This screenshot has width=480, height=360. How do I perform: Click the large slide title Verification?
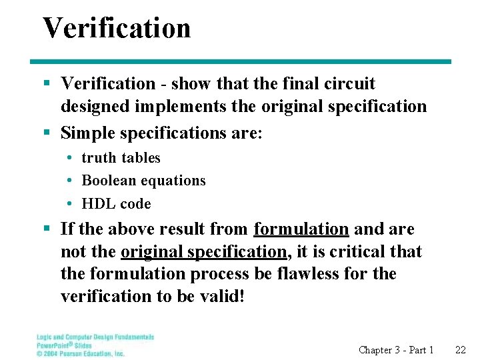coord(117,28)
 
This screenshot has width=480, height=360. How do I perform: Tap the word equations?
coord(177,181)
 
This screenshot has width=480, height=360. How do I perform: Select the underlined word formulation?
coord(301,229)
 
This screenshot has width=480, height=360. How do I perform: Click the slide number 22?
coord(460,350)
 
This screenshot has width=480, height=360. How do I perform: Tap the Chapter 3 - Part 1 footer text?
coord(396,350)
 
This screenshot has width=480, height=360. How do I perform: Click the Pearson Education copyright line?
coord(81,353)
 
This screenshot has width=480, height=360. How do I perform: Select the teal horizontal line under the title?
coord(246,62)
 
